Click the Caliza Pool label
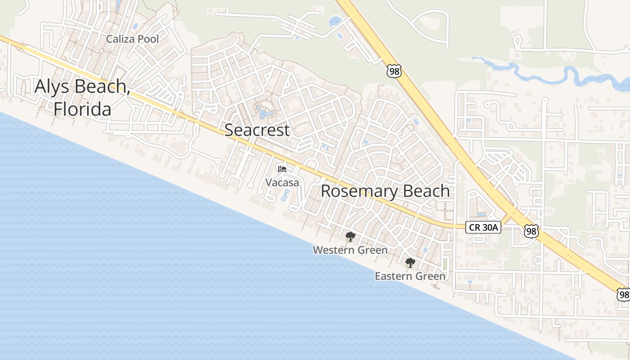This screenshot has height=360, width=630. pyautogui.click(x=132, y=39)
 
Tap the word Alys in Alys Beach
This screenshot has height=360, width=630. pyautogui.click(x=53, y=86)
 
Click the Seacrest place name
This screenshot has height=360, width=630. pyautogui.click(x=257, y=130)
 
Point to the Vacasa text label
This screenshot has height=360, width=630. pyautogui.click(x=282, y=183)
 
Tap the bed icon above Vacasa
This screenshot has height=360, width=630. pyautogui.click(x=282, y=169)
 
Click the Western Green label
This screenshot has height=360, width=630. pyautogui.click(x=350, y=250)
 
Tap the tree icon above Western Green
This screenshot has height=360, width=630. pyautogui.click(x=350, y=237)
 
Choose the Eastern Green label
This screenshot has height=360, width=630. pyautogui.click(x=410, y=276)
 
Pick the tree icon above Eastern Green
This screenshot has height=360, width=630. pyautogui.click(x=409, y=263)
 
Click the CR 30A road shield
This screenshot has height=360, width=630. pyautogui.click(x=484, y=228)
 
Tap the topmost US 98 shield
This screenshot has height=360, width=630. pyautogui.click(x=393, y=71)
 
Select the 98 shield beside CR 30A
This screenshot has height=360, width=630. pyautogui.click(x=531, y=231)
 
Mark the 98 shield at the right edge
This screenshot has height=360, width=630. pyautogui.click(x=623, y=295)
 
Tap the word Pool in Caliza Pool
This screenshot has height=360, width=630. pyautogui.click(x=148, y=39)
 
